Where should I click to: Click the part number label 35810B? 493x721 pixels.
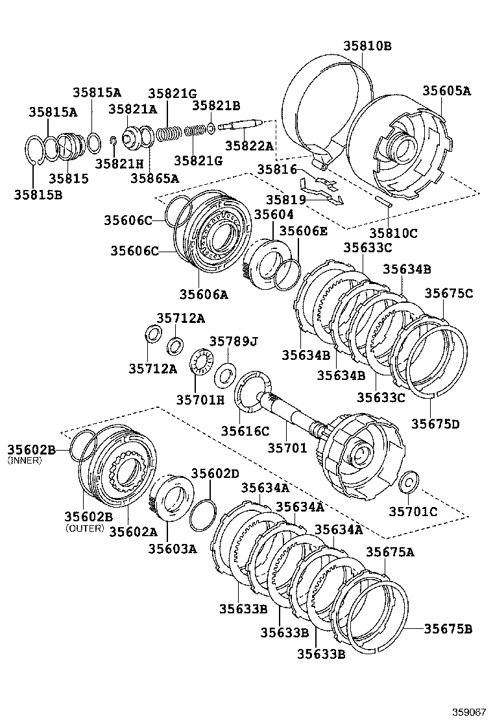pos(367,46)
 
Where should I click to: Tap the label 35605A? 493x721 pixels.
pos(447,91)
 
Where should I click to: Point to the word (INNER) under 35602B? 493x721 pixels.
pos(25,460)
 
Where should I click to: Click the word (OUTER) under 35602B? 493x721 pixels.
pos(84,528)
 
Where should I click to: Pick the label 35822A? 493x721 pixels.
pos(249,147)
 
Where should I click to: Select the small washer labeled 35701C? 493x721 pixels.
pos(409,483)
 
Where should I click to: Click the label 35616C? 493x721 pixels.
pos(245,431)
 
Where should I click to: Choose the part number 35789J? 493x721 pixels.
pos(233,341)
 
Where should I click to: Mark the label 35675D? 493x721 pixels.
pos(435,424)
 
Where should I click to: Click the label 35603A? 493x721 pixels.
pos(172,549)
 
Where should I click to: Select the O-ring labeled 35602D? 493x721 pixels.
pos(203,515)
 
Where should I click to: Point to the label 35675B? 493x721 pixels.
pos(448,628)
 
